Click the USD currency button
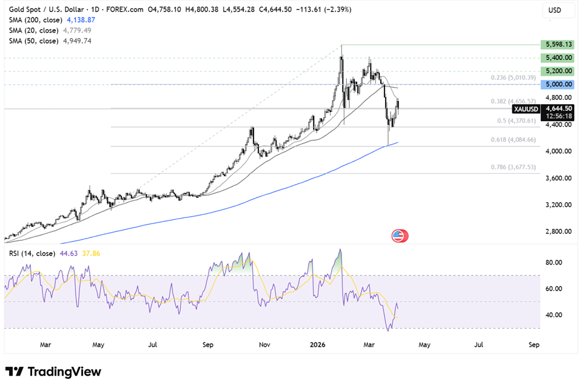tap(555, 10)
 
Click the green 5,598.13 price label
tap(559, 45)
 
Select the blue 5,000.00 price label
tap(559, 84)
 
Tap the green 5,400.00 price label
tap(559, 58)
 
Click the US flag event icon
tap(398, 236)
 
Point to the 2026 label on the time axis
tap(318, 345)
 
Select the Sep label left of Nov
tap(208, 345)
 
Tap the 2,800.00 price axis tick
tap(559, 231)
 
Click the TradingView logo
tap(53, 372)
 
